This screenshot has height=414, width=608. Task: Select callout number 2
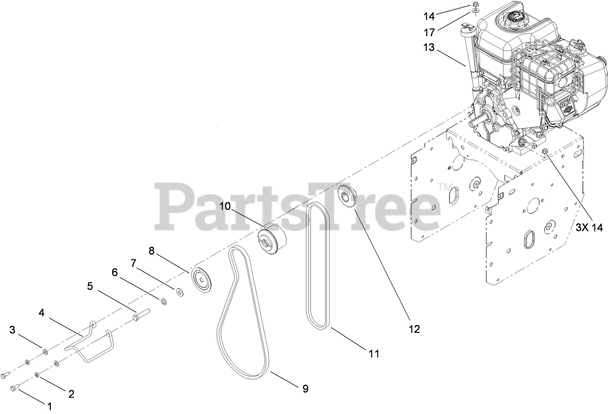point(71,394)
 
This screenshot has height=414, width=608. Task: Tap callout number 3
point(13,330)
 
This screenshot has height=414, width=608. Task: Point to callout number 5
point(90,286)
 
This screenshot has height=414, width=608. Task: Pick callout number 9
point(305,388)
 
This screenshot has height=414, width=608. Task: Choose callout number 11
point(374,354)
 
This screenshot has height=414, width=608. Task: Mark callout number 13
point(430,48)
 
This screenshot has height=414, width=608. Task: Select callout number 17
point(429,32)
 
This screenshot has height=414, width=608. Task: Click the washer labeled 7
point(180,292)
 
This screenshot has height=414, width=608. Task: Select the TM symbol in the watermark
point(443,186)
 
